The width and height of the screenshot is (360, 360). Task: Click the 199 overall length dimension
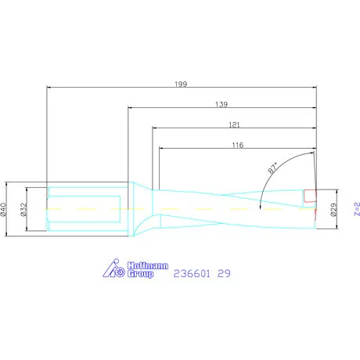pos(182,81)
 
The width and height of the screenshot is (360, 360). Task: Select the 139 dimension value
pos(222,103)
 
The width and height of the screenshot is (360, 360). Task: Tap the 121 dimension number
pos(233,124)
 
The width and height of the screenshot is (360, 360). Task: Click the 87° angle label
pos(274,168)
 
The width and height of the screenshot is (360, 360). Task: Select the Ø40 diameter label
pos(5,209)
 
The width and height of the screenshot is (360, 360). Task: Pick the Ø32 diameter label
pos(25,209)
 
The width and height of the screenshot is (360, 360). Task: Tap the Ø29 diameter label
pos(334,209)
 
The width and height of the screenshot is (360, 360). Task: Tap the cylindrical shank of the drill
pos(86,209)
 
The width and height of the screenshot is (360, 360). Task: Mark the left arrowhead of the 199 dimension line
pos(50,87)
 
